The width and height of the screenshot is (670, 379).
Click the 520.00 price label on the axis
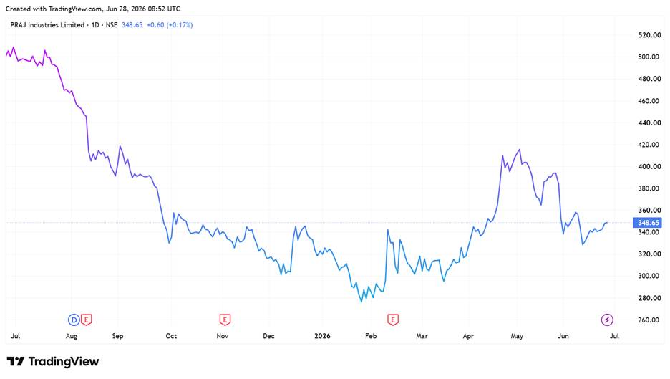click(x=649, y=35)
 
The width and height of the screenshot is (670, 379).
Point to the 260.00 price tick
click(x=649, y=320)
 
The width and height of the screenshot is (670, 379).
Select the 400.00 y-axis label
click(x=649, y=166)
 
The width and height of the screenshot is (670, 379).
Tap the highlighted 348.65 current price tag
click(x=648, y=222)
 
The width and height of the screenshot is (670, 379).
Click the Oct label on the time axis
click(x=171, y=336)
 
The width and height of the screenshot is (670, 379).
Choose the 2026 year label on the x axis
click(x=322, y=336)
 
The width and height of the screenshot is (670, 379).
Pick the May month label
click(x=517, y=336)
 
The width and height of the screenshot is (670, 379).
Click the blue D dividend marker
click(x=74, y=320)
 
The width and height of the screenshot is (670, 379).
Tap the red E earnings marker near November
click(x=225, y=320)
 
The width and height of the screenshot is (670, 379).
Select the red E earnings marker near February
click(x=393, y=320)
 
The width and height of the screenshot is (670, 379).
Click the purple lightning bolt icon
click(x=607, y=320)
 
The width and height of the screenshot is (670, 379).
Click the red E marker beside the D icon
click(x=87, y=320)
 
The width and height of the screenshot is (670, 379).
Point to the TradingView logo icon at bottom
click(x=16, y=362)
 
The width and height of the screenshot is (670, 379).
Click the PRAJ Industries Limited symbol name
click(x=47, y=25)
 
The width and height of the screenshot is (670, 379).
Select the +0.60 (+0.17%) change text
click(x=170, y=25)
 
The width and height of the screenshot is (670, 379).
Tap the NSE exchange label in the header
click(x=112, y=25)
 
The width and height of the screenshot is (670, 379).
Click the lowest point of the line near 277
click(x=361, y=302)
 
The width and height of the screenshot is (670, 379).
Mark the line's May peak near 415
click(x=519, y=149)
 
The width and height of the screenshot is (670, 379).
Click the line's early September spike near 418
click(x=120, y=146)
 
